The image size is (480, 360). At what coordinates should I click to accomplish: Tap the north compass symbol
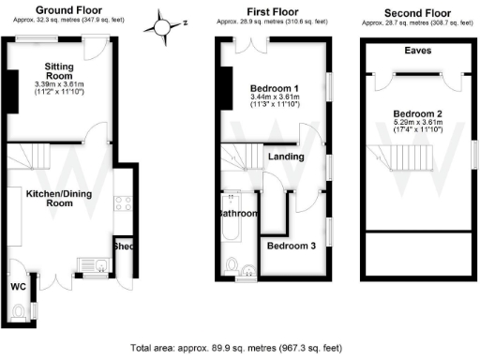coord(165,23)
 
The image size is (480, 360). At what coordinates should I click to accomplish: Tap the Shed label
coord(124,247)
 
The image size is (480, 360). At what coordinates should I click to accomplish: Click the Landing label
coord(285,157)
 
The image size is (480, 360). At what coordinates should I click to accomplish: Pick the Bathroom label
coord(237,214)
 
